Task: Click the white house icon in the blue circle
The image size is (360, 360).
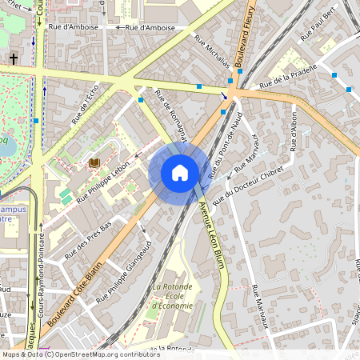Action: tap(180, 173)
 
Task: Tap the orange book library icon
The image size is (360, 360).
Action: tap(94, 162)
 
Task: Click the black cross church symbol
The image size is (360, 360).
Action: tap(14, 59)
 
